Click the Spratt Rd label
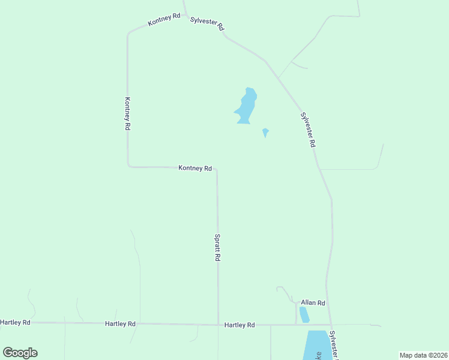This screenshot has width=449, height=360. tap(218, 247)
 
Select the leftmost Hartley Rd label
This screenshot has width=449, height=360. tap(15, 322)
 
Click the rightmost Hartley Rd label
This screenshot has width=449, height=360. tap(240, 325)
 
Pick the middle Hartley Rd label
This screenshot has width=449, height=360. tap(120, 323)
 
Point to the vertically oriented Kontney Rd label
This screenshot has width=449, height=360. tap(128, 114)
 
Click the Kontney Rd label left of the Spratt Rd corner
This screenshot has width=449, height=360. tap(195, 168)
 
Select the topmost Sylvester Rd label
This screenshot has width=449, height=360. tap(207, 23)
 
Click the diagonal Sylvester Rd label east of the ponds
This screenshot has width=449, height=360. tap(308, 130)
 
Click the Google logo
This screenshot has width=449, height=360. tap(20, 353)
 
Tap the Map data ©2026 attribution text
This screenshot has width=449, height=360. tap(423, 355)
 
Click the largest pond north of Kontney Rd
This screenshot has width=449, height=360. tap(246, 107)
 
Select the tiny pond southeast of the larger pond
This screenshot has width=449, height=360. tap(265, 131)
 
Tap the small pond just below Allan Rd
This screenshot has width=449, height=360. tap(304, 314)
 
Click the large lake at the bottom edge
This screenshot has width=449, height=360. tap(316, 346)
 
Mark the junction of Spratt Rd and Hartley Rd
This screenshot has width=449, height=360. tap(218, 325)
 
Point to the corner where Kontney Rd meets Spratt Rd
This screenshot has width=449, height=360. tap(217, 169)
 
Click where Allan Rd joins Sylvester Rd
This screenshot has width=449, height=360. tap(327, 307)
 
